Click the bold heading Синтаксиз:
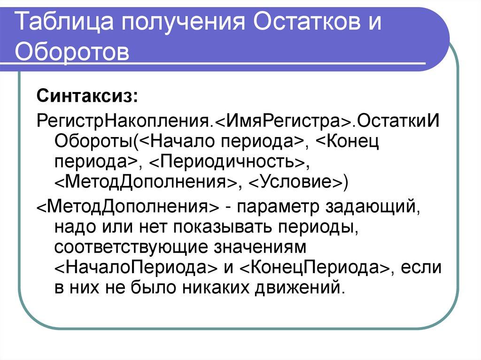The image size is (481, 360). [87, 98]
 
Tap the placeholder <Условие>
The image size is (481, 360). [295, 181]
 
